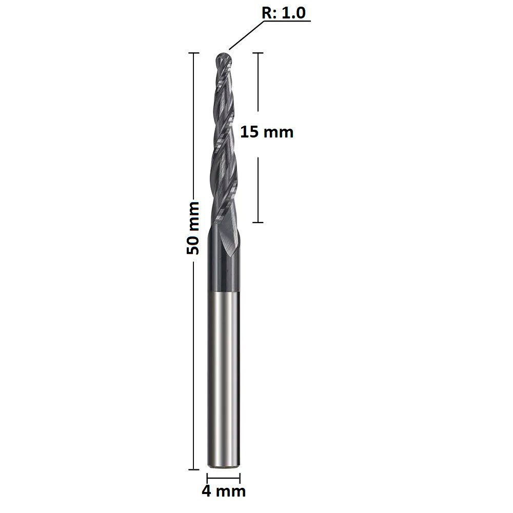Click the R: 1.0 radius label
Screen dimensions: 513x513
click(284, 13)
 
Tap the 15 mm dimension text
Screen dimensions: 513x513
click(267, 132)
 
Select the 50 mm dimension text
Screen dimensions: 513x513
click(193, 228)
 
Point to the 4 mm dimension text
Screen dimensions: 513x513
click(224, 491)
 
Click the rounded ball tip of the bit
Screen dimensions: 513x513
click(224, 59)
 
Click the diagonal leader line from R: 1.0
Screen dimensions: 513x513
click(246, 35)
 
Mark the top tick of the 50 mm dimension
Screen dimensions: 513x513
click(194, 53)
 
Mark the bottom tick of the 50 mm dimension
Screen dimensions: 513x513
click(194, 469)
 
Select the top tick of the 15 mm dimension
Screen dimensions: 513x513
click(258, 53)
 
